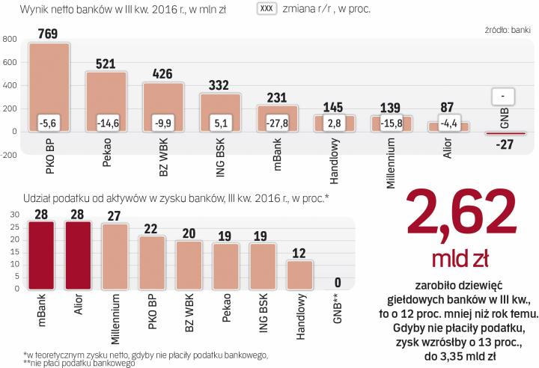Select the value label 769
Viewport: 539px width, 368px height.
[x=49, y=33]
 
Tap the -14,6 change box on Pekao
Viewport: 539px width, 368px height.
[x=106, y=122]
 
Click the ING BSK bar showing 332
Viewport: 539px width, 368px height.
[x=220, y=112]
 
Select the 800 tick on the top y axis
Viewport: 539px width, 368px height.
[x=10, y=40]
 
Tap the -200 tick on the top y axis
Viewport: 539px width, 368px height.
[x=9, y=155]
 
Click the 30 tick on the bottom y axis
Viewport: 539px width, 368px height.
[x=12, y=215]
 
